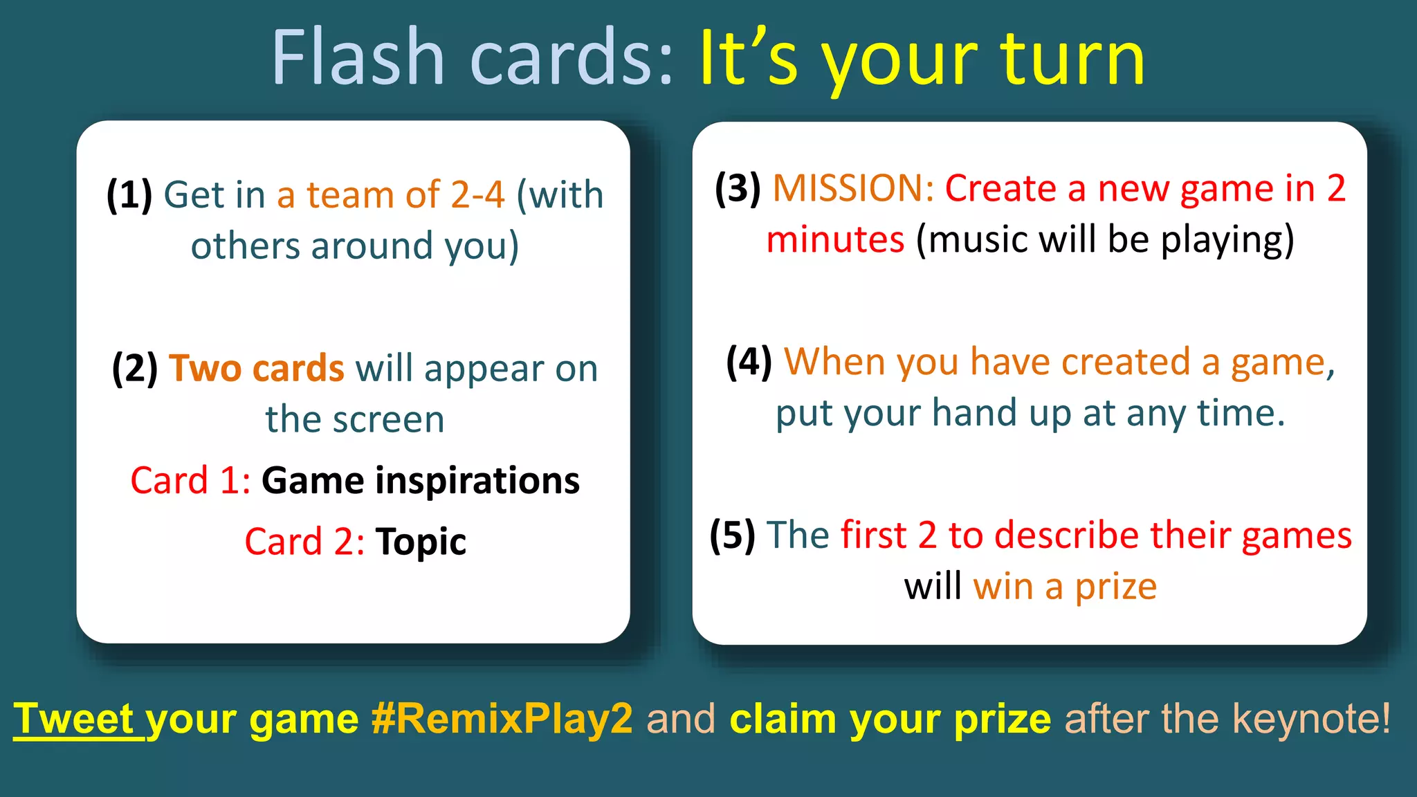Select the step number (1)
[129, 194]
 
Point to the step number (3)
[738, 187]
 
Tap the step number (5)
[732, 535]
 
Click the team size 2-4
[477, 194]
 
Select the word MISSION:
[854, 187]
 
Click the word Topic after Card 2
[421, 541]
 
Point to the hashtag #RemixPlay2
[502, 719]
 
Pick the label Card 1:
[190, 481]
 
